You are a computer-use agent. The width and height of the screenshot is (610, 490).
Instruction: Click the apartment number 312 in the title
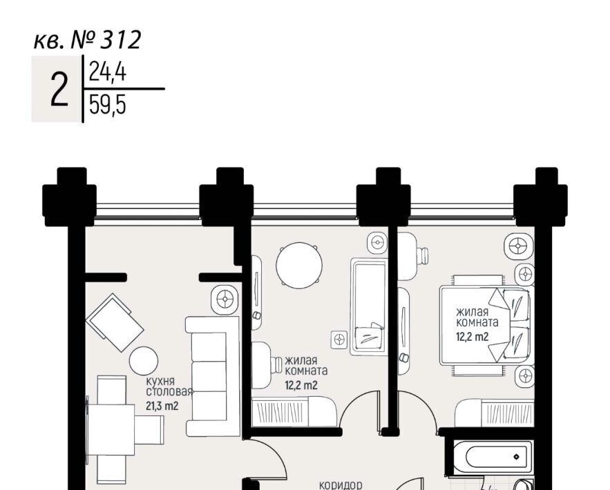click(121, 39)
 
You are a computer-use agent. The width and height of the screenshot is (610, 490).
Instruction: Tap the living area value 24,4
click(108, 72)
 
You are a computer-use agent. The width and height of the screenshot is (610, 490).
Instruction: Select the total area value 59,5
click(108, 105)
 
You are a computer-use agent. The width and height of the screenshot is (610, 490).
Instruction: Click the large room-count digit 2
click(59, 90)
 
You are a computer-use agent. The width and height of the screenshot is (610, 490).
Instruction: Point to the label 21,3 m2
click(162, 406)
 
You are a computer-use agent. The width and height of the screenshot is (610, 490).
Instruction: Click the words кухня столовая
click(170, 386)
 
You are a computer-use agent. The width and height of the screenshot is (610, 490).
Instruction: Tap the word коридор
click(341, 485)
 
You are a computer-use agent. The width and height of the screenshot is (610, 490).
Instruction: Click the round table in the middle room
click(299, 266)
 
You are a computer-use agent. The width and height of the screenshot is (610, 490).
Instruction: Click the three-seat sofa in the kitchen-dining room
click(213, 376)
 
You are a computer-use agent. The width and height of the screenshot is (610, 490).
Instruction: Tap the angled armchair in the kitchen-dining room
click(115, 322)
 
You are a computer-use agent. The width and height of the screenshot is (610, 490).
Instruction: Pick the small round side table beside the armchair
click(144, 361)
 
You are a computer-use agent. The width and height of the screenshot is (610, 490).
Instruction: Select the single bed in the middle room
click(368, 307)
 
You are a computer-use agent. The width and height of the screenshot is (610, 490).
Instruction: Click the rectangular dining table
click(111, 430)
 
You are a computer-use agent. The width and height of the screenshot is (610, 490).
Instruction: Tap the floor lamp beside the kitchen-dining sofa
click(225, 300)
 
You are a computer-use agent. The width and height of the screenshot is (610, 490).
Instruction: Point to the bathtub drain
click(517, 457)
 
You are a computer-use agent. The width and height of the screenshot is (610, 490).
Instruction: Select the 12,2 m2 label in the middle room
click(301, 386)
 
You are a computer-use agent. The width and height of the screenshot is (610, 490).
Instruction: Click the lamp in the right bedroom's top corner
click(518, 246)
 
